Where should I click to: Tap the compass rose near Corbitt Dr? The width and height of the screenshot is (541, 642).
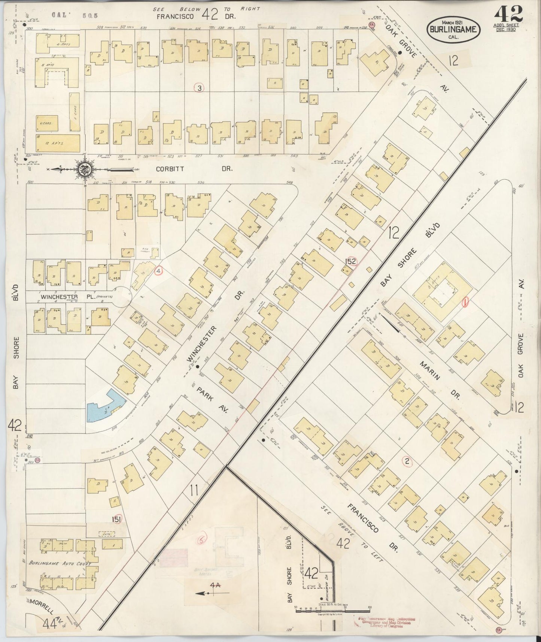pyautogui.click(x=83, y=169)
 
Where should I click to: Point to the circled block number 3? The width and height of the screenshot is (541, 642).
pyautogui.click(x=200, y=88)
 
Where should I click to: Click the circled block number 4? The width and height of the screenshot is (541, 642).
pyautogui.click(x=159, y=270)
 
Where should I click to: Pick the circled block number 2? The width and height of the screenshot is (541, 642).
pyautogui.click(x=407, y=462)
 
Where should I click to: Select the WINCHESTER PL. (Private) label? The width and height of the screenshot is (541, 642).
pyautogui.click(x=77, y=297)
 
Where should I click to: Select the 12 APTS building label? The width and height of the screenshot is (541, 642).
pyautogui.click(x=58, y=143)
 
